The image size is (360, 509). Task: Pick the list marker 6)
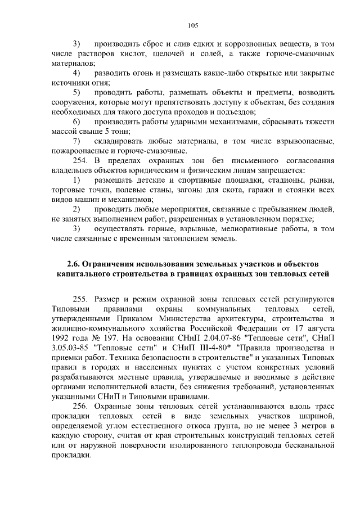pos(77,121)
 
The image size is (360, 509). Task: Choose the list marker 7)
pos(77,141)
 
